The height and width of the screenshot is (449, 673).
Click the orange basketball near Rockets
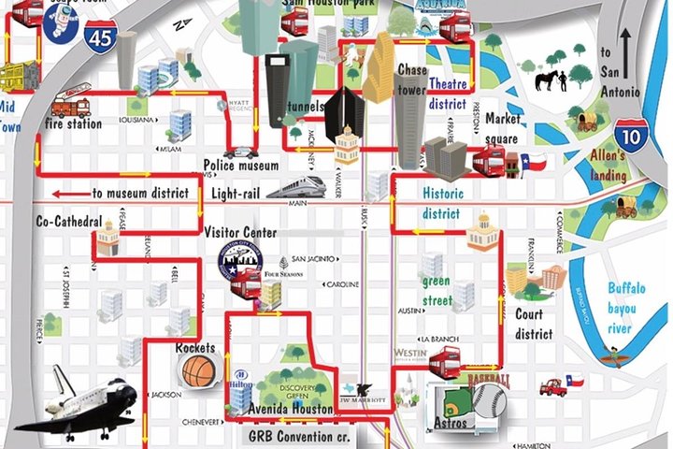coord(198,370)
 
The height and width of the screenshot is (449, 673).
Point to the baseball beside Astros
coord(490,403)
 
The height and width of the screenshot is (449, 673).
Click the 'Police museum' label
coord(241,167)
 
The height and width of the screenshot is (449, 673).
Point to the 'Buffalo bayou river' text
coord(625,308)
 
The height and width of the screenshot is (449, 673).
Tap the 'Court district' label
coord(534,324)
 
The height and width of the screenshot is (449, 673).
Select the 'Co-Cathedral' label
coord(68,222)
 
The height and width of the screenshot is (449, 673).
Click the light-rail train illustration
coord(296,187)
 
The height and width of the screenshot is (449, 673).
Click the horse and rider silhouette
coord(551,80)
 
